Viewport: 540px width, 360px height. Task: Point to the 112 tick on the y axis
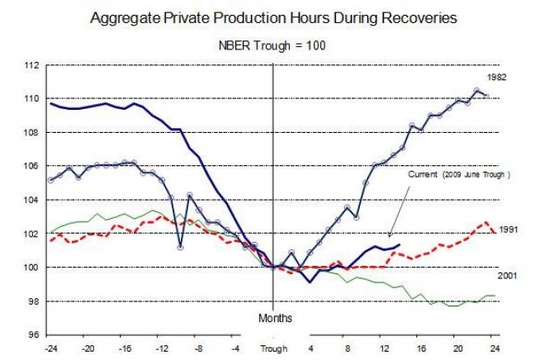pos(32,64)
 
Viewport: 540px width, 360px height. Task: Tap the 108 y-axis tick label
pos(32,132)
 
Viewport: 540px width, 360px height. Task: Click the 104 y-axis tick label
pos(32,200)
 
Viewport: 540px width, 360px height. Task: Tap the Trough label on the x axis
pos(273,349)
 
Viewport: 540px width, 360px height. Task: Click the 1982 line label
pos(496,77)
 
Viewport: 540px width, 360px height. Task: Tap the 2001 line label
pos(507,274)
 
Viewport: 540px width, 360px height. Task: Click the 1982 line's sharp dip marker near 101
pos(180,247)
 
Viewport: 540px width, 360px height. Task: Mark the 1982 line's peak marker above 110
pos(477,90)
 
